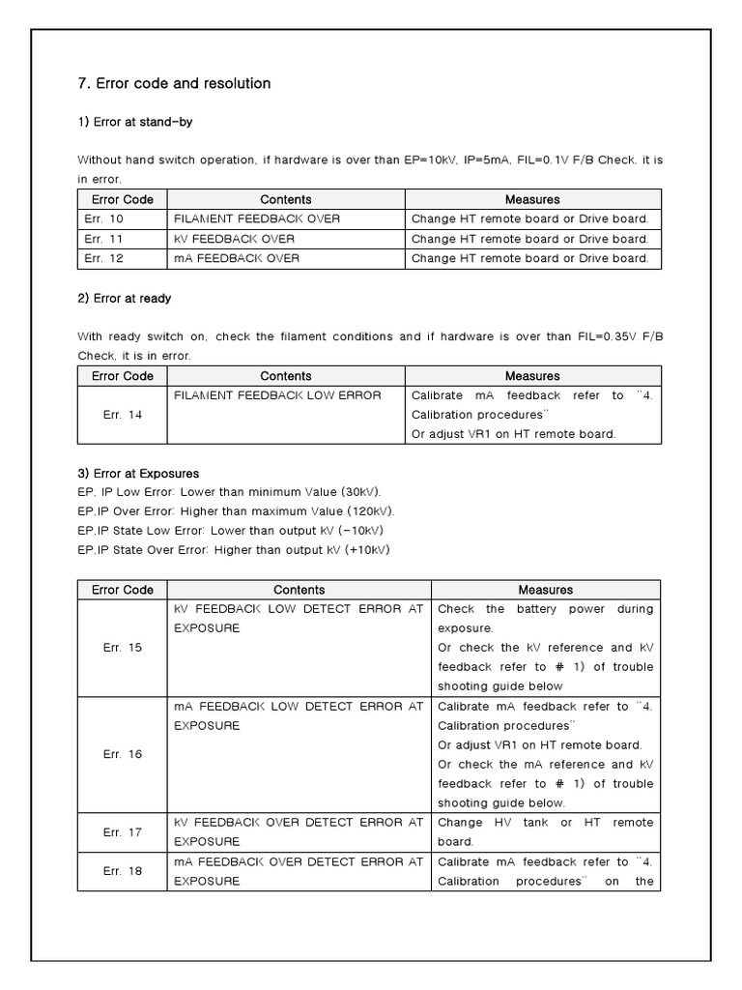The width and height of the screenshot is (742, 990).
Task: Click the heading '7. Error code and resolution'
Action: coord(174,83)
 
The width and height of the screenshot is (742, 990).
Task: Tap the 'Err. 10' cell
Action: coord(103,218)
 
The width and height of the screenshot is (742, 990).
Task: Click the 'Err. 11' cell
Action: coord(103,239)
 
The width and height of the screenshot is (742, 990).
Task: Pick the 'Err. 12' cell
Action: coord(103,258)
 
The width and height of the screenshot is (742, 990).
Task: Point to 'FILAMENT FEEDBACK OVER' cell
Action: coord(257,218)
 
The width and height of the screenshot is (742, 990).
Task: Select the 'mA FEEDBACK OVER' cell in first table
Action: coord(237,258)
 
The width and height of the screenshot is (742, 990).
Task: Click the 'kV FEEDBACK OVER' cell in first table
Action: coord(235,239)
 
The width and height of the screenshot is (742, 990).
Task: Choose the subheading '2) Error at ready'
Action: coord(125,298)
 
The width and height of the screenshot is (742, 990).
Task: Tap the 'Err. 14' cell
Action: coord(122,415)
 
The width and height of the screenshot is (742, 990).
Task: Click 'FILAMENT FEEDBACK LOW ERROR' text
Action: coord(277,395)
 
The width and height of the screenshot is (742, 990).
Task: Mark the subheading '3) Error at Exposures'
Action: coord(138,474)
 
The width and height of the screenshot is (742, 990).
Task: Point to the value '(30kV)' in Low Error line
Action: coord(361,492)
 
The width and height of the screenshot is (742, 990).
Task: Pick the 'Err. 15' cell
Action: coord(122,648)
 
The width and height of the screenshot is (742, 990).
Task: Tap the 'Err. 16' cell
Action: coord(122,754)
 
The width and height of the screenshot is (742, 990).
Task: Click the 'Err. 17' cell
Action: coord(122,831)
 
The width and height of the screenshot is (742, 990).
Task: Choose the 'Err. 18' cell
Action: coord(122,871)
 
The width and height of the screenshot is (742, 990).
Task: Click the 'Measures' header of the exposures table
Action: coord(545,590)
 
